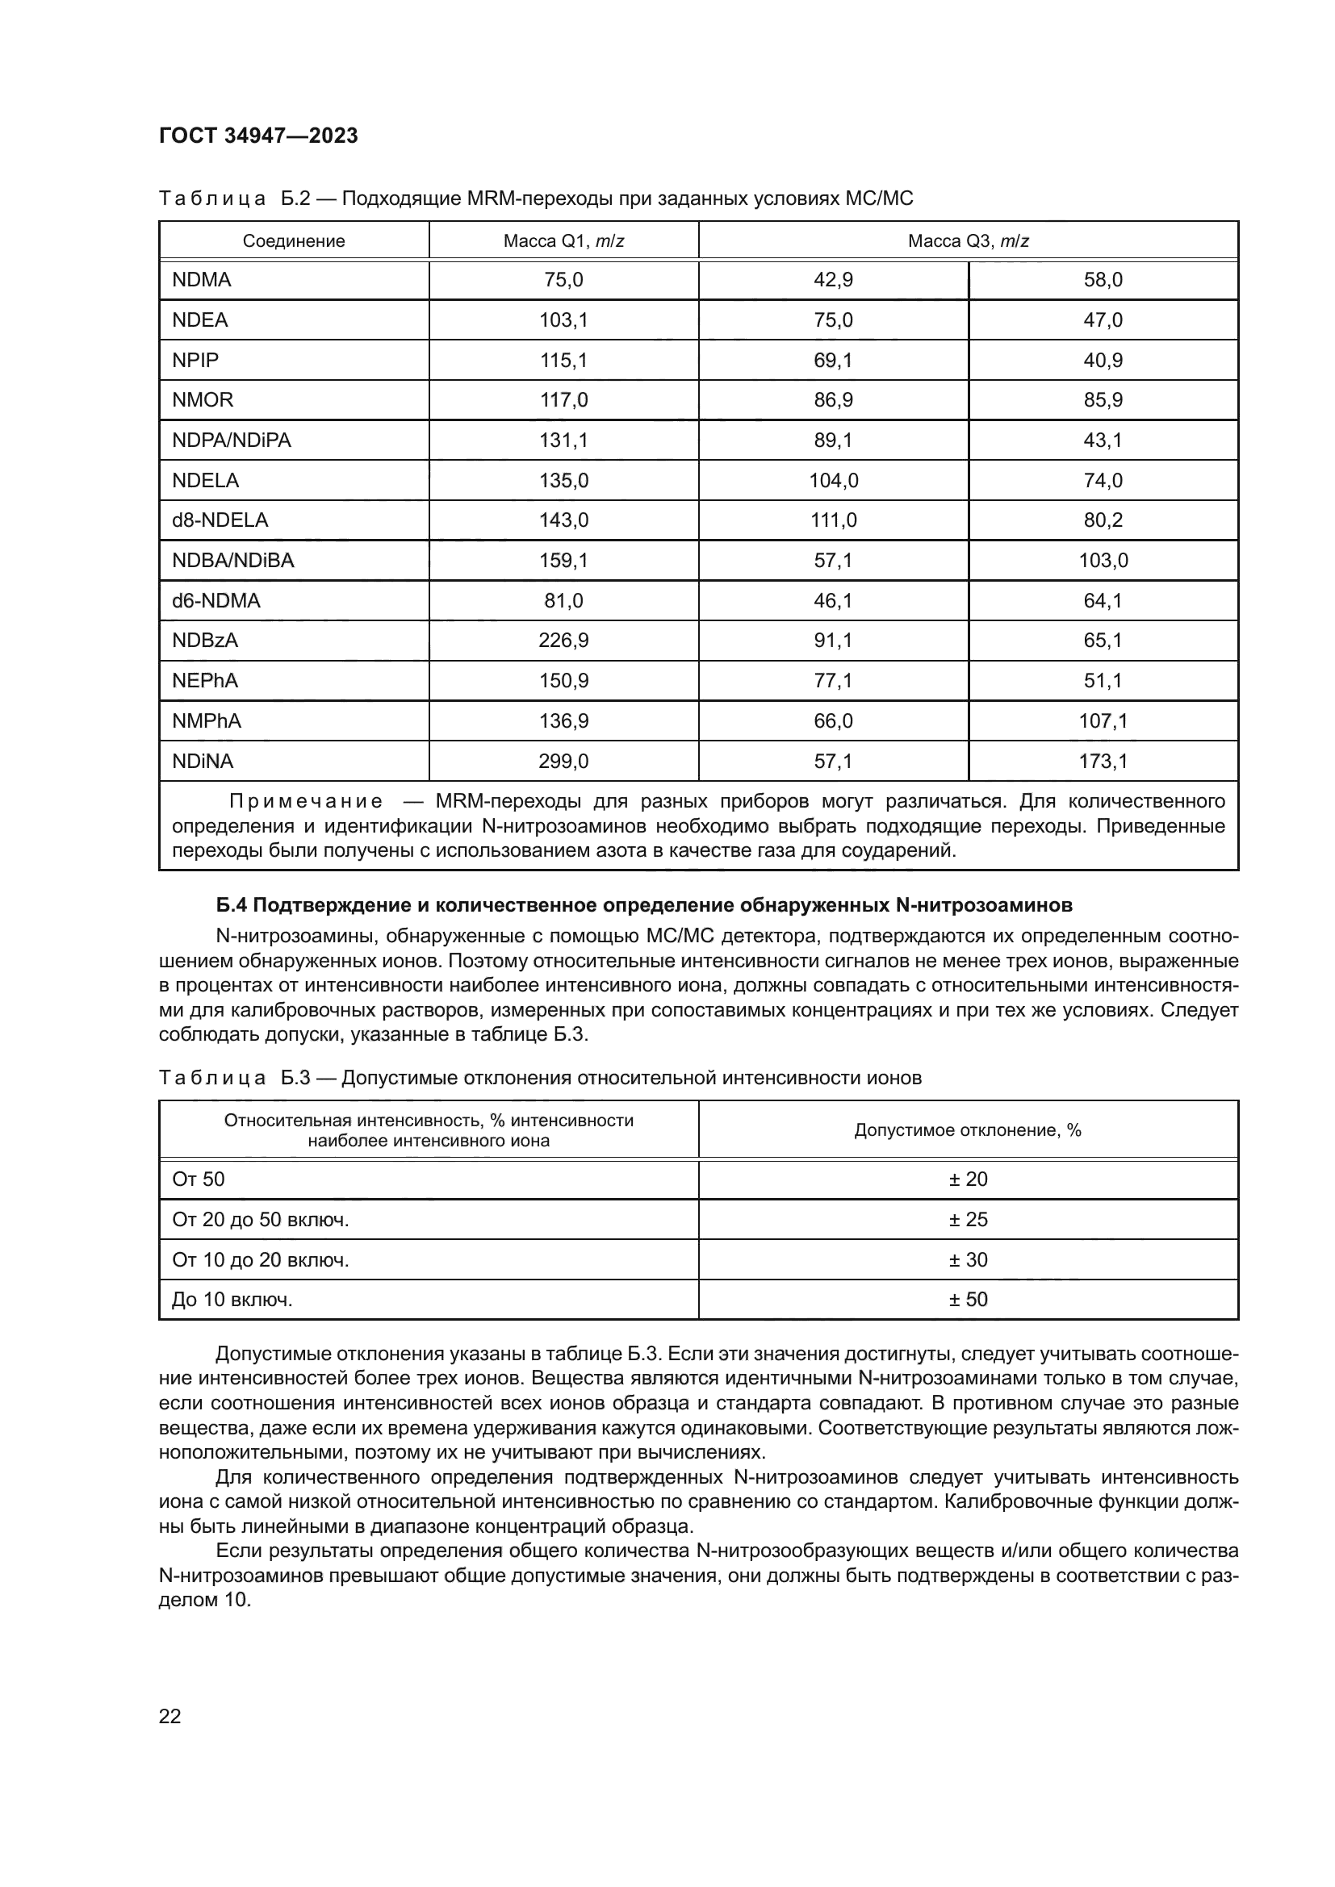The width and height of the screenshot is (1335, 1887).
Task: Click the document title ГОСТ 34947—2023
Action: point(258,136)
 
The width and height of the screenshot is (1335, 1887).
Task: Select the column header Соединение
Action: point(294,240)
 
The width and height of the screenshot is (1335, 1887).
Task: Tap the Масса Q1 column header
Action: point(563,240)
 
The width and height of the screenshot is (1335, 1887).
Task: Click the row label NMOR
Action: point(203,400)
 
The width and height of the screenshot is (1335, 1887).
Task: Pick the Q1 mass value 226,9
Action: point(563,641)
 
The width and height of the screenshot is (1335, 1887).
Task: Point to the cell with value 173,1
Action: point(1103,761)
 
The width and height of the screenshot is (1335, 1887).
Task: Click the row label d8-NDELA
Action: point(220,520)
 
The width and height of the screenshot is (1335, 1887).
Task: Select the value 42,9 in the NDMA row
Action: point(833,280)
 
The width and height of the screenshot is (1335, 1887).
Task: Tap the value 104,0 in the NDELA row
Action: point(833,480)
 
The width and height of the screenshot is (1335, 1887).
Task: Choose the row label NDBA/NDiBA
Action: point(232,561)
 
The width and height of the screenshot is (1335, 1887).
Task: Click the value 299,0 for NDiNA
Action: point(563,761)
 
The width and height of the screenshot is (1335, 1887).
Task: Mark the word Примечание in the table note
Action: point(306,801)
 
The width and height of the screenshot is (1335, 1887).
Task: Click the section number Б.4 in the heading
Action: point(232,906)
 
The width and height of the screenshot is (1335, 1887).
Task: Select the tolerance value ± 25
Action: point(968,1220)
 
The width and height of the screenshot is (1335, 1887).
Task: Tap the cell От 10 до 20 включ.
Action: point(260,1260)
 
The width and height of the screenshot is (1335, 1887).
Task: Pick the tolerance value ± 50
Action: point(968,1300)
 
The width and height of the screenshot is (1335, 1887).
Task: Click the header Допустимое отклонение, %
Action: point(968,1130)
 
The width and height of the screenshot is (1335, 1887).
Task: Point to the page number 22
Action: point(169,1716)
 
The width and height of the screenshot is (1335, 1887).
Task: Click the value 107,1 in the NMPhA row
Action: point(1103,720)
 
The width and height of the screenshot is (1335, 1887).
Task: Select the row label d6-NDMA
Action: point(216,601)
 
